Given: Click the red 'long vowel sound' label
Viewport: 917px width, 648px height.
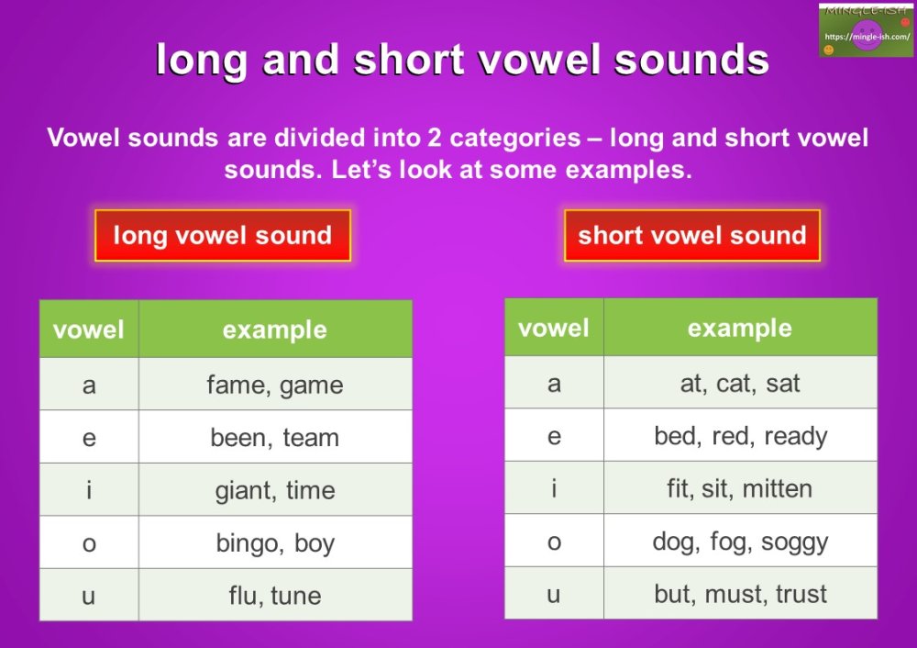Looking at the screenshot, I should (222, 236).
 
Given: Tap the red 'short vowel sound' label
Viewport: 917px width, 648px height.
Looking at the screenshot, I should (691, 236).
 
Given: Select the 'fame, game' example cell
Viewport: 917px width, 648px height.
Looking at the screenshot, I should (275, 385).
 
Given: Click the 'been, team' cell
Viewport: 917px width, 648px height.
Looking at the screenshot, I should (275, 438).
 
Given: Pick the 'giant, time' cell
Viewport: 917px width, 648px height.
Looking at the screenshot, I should (275, 490).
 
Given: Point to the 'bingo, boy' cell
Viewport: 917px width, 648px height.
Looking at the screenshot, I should (275, 543).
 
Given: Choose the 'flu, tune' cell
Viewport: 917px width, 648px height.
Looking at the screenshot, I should (275, 596).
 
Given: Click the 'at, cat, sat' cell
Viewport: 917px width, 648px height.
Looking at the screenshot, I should (740, 383).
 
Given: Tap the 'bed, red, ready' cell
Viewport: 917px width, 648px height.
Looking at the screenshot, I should (740, 436).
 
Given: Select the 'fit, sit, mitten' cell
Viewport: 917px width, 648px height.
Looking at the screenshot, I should (740, 488).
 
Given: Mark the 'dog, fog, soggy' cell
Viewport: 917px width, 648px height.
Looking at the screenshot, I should (740, 542).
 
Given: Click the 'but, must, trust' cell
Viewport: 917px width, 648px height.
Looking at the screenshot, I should (740, 594).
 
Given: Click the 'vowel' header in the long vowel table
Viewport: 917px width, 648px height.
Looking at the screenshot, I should (89, 330).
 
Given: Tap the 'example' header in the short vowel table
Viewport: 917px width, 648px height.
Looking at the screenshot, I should (740, 329).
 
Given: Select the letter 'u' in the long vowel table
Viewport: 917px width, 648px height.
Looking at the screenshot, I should (89, 596).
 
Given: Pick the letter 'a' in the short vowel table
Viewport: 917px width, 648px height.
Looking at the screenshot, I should (554, 383).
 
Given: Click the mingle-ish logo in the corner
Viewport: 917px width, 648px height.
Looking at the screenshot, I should (866, 30).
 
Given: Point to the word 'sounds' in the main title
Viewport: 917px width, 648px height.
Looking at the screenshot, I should (691, 60).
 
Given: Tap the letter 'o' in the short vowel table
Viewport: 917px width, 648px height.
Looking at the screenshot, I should (554, 542).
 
